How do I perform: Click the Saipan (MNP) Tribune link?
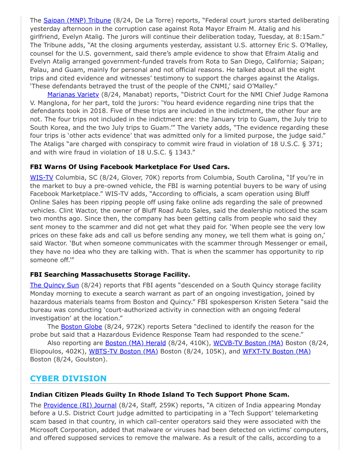(77, 20)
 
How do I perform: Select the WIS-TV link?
(41, 177)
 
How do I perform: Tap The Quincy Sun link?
(54, 285)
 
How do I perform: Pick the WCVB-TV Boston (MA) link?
(248, 343)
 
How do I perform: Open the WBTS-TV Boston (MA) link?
(123, 351)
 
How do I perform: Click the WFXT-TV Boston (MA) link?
(276, 351)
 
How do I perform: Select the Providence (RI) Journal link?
(80, 405)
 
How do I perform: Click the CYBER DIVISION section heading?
(68, 379)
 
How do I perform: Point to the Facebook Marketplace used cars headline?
(130, 167)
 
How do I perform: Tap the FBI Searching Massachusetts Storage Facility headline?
(110, 274)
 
